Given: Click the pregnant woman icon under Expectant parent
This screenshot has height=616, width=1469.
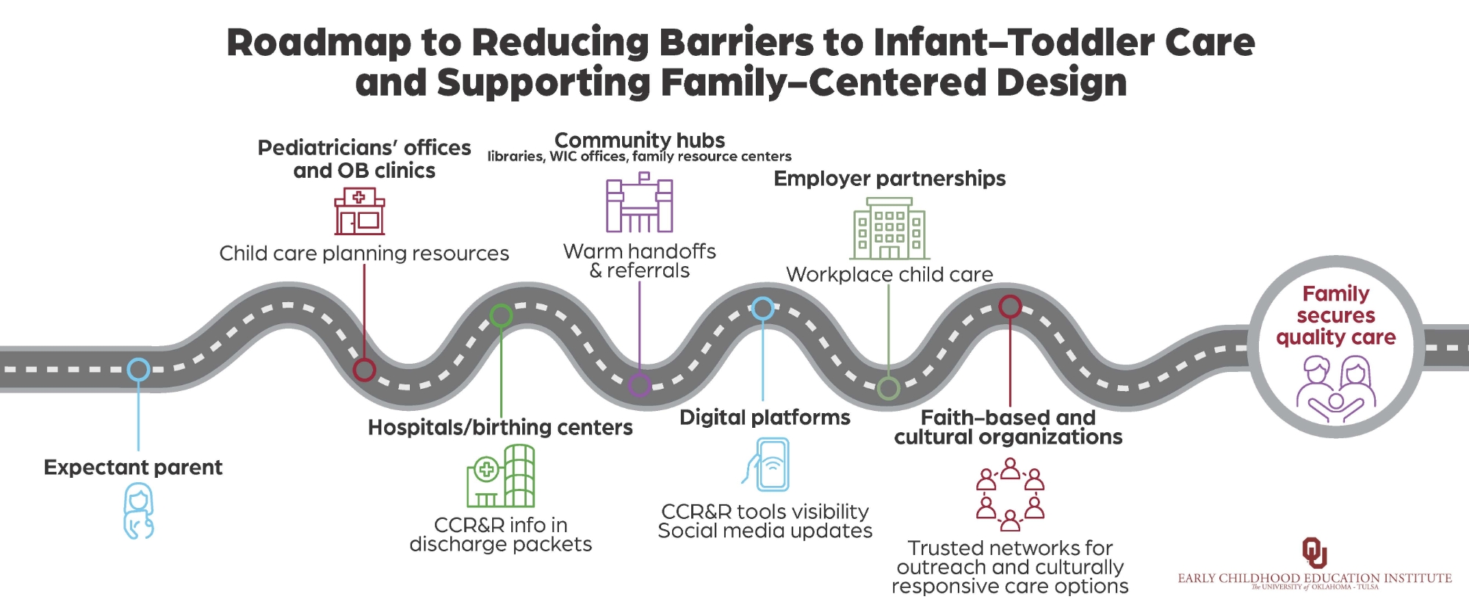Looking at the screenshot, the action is pyautogui.click(x=138, y=512).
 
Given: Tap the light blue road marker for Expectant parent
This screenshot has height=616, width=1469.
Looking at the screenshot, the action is pyautogui.click(x=138, y=369).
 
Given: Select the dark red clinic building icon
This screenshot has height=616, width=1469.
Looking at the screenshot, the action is pyautogui.click(x=359, y=211).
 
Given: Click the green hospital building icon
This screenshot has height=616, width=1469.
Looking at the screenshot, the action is pyautogui.click(x=500, y=476).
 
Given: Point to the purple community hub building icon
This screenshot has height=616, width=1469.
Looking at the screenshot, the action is pyautogui.click(x=639, y=202).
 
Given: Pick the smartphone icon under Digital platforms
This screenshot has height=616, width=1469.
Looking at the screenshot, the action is pyautogui.click(x=765, y=465).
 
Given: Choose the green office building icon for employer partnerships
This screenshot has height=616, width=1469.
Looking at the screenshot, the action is pyautogui.click(x=889, y=229).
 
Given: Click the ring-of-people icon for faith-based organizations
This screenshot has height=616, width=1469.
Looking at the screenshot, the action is pyautogui.click(x=1010, y=494).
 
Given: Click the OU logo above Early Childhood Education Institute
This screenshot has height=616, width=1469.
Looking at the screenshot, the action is pyautogui.click(x=1314, y=553).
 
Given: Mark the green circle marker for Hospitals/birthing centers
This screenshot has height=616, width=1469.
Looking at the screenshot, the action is pyautogui.click(x=501, y=315).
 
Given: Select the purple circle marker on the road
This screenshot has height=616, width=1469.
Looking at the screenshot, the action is pyautogui.click(x=639, y=384).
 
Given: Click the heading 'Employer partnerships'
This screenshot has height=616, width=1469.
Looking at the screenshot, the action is pyautogui.click(x=889, y=179).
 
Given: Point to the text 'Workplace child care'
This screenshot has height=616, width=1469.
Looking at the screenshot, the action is pyautogui.click(x=889, y=274).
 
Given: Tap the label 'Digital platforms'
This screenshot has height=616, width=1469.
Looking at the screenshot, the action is pyautogui.click(x=765, y=418).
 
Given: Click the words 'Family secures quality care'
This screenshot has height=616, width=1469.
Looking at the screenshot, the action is pyautogui.click(x=1336, y=315).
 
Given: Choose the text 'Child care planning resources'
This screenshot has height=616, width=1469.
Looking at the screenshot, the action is pyautogui.click(x=364, y=254).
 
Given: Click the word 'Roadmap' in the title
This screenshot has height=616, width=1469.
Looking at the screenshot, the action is pyautogui.click(x=319, y=43).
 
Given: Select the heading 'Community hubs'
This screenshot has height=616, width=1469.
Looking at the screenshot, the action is pyautogui.click(x=639, y=140).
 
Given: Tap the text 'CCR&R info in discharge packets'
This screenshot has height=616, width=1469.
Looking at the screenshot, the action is pyautogui.click(x=500, y=534).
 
